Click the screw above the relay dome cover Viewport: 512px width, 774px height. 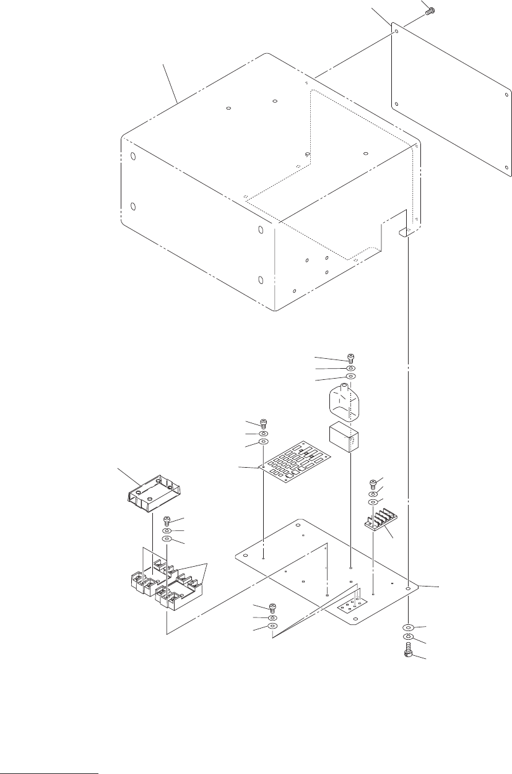tap(350, 357)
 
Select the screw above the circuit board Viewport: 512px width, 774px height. tap(263, 423)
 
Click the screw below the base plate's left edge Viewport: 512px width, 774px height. tap(271, 608)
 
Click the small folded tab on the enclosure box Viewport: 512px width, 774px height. tap(406, 232)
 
